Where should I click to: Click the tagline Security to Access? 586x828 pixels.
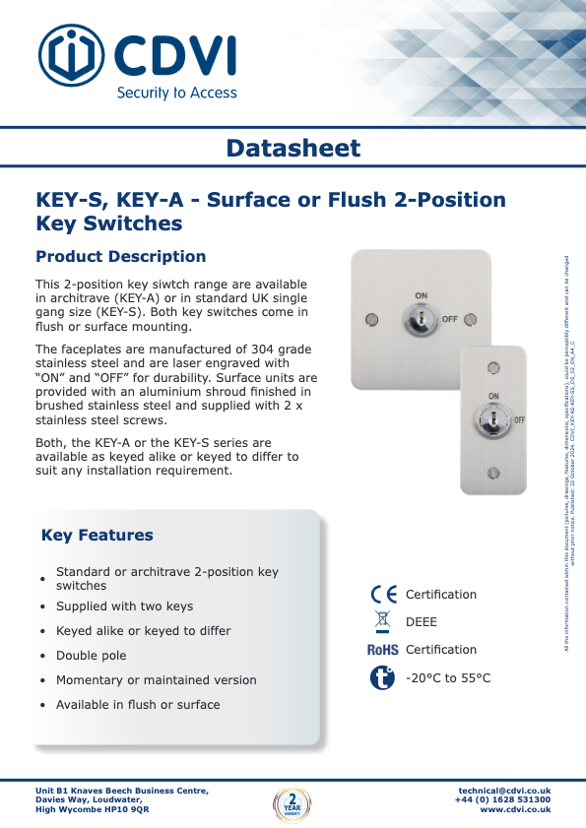tap(177, 93)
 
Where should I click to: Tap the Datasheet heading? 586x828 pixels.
tap(293, 149)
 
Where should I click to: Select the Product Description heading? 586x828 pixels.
tap(120, 257)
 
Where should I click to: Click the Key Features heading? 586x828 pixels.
tap(98, 536)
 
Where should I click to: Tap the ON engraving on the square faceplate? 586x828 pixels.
tap(421, 295)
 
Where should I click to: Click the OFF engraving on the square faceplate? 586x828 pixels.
tap(450, 320)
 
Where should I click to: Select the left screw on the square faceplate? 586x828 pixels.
tap(371, 319)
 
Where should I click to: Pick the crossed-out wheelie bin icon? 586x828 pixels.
tap(382, 621)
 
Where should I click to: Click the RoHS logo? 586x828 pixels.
tap(382, 650)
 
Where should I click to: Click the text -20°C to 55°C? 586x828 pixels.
tap(448, 678)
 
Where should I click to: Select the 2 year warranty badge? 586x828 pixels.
tap(292, 802)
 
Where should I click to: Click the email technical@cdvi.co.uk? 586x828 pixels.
tap(504, 791)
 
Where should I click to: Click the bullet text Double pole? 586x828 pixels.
tap(92, 656)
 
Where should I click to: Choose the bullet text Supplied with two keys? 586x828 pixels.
tap(124, 606)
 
